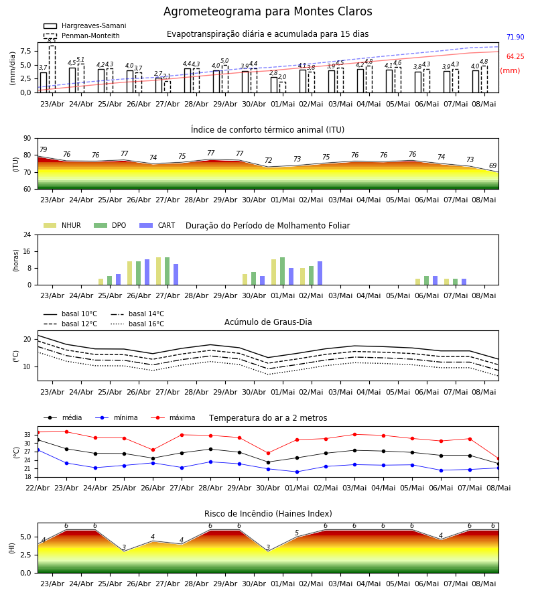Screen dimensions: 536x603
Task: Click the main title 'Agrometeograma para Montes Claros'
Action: click(267, 11)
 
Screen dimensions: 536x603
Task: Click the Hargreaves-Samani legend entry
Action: click(84, 25)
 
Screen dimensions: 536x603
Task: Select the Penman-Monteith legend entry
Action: click(82, 36)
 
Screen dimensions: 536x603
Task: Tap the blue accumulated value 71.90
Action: click(515, 38)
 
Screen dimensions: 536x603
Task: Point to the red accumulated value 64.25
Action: click(515, 56)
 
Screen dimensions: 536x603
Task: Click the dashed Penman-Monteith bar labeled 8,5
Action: click(52, 69)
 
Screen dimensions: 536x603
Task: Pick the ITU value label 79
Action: click(43, 149)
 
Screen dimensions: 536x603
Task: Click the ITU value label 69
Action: click(492, 165)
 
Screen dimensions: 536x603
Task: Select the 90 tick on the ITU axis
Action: click(27, 139)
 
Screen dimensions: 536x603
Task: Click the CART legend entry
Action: click(157, 225)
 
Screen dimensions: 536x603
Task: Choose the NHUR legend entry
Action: click(62, 225)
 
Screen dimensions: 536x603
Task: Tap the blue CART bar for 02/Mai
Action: click(320, 273)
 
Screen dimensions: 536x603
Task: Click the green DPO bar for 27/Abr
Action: click(167, 271)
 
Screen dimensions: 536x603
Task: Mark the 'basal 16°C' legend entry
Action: click(137, 324)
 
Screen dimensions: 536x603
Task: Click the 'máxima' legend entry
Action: click(173, 417)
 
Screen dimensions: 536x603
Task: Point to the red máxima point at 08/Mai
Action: click(498, 459)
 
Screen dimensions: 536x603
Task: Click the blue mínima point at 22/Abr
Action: click(38, 450)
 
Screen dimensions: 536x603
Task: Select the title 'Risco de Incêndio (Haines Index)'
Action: click(268, 514)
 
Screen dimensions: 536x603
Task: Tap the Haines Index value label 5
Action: click(297, 533)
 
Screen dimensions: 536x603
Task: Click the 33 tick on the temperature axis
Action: click(27, 435)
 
